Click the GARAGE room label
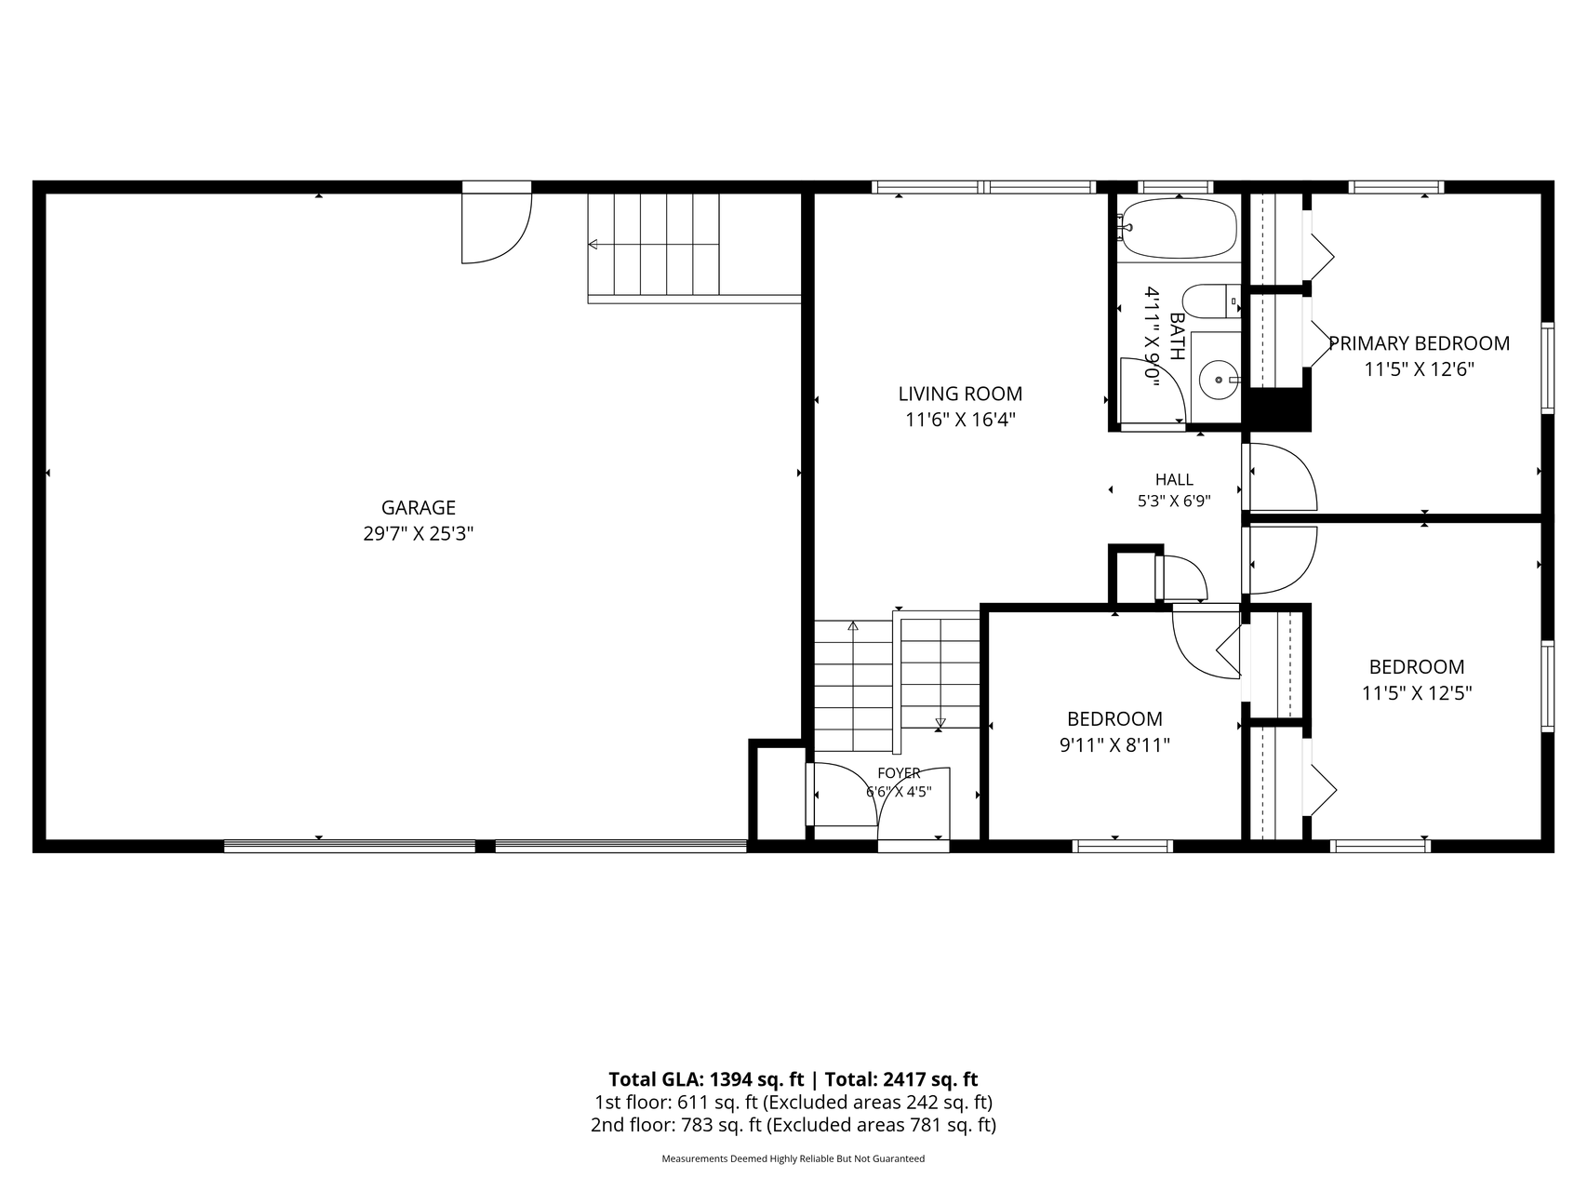pos(419,508)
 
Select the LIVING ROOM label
pos(960,394)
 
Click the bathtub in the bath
pos(1180,228)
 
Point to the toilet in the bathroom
pos(1211,302)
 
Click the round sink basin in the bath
pos(1219,380)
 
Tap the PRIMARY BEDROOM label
pos(1419,343)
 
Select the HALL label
pos(1174,480)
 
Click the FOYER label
pos(899,773)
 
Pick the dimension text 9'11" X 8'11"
pos(1114,744)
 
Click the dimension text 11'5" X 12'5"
pos(1417,693)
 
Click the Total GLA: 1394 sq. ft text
pos(706,1079)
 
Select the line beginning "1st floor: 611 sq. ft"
pos(793,1103)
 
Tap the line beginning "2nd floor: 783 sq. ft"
pos(793,1125)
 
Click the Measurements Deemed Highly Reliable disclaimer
pos(793,1159)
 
